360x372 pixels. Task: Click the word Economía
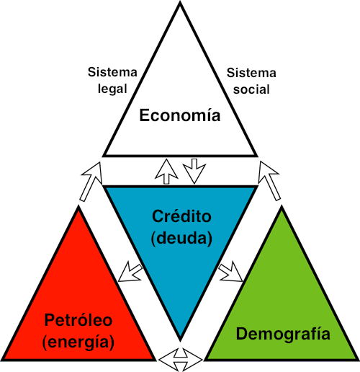point(180,115)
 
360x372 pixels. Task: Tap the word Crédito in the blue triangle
point(181,216)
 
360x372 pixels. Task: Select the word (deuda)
point(181,238)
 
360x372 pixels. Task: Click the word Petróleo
point(78,320)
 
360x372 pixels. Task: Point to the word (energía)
point(78,342)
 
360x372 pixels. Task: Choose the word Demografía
point(283,334)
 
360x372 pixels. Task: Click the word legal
point(112,89)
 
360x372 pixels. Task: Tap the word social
point(251,89)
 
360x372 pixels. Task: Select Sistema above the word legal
point(112,72)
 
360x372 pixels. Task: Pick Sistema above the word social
point(251,73)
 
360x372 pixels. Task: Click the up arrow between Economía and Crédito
point(166,172)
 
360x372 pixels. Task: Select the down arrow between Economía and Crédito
point(194,171)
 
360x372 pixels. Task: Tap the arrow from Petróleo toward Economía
point(91,182)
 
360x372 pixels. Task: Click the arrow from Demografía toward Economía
point(269,181)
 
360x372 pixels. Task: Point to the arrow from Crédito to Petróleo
point(130,272)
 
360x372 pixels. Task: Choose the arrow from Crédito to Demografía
point(231,272)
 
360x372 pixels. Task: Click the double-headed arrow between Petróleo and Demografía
point(181,360)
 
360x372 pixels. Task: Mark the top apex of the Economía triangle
point(180,2)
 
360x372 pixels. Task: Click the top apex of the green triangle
point(282,207)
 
